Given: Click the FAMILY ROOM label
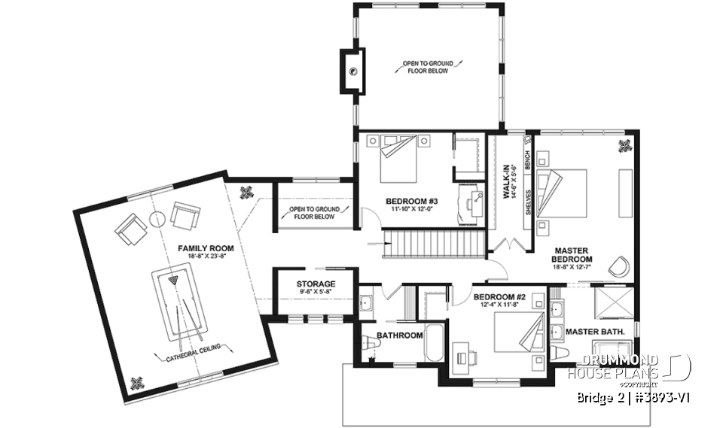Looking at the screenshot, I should pyautogui.click(x=206, y=247).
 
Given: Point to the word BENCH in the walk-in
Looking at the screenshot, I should pyautogui.click(x=527, y=159).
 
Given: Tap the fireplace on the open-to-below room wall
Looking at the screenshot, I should pyautogui.click(x=352, y=71).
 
